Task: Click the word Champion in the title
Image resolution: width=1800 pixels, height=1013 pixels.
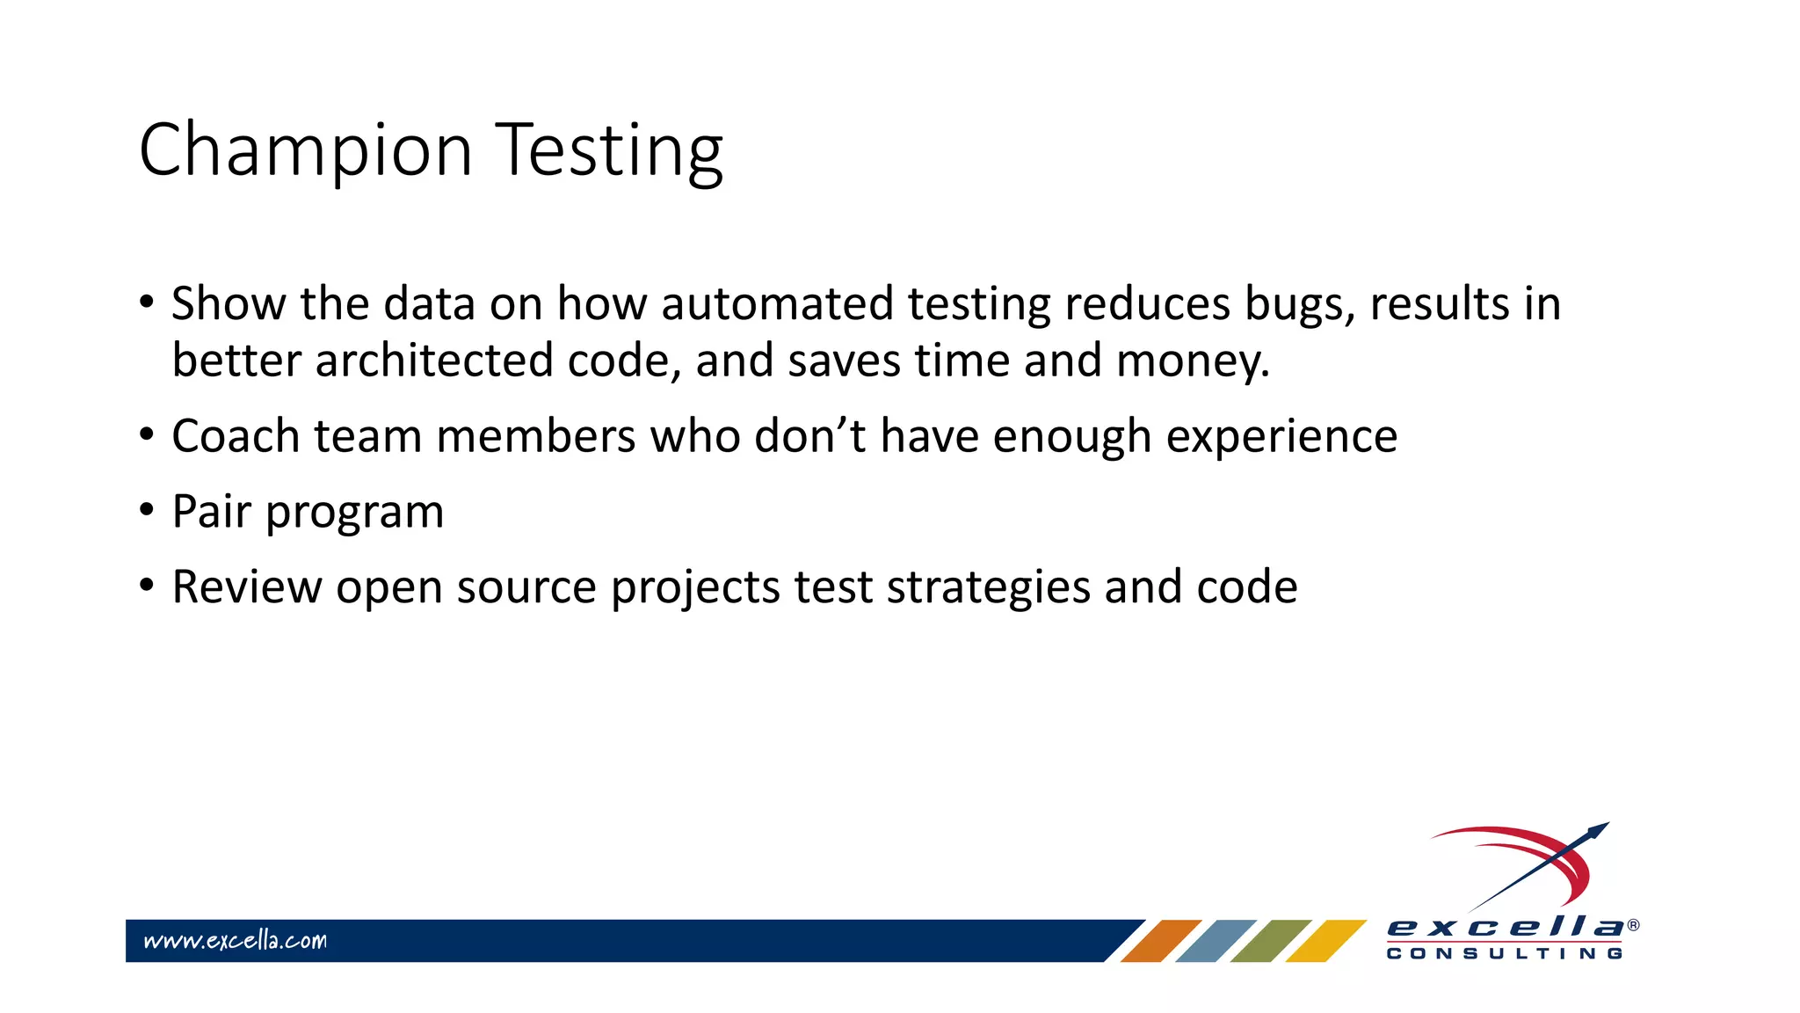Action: point(306,151)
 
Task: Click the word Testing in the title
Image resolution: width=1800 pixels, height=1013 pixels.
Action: point(610,151)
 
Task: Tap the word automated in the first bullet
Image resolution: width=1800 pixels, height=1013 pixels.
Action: point(777,304)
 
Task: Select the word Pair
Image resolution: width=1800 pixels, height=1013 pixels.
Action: point(212,512)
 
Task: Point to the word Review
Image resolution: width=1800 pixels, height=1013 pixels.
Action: point(247,587)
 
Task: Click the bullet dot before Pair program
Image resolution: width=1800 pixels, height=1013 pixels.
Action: point(147,510)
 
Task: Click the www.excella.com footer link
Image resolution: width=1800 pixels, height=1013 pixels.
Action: point(236,941)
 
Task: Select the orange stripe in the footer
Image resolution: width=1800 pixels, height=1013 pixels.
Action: point(1161,941)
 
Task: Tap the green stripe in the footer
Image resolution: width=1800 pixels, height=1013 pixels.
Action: point(1271,941)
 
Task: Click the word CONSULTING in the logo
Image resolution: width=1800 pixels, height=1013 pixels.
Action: point(1505,954)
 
